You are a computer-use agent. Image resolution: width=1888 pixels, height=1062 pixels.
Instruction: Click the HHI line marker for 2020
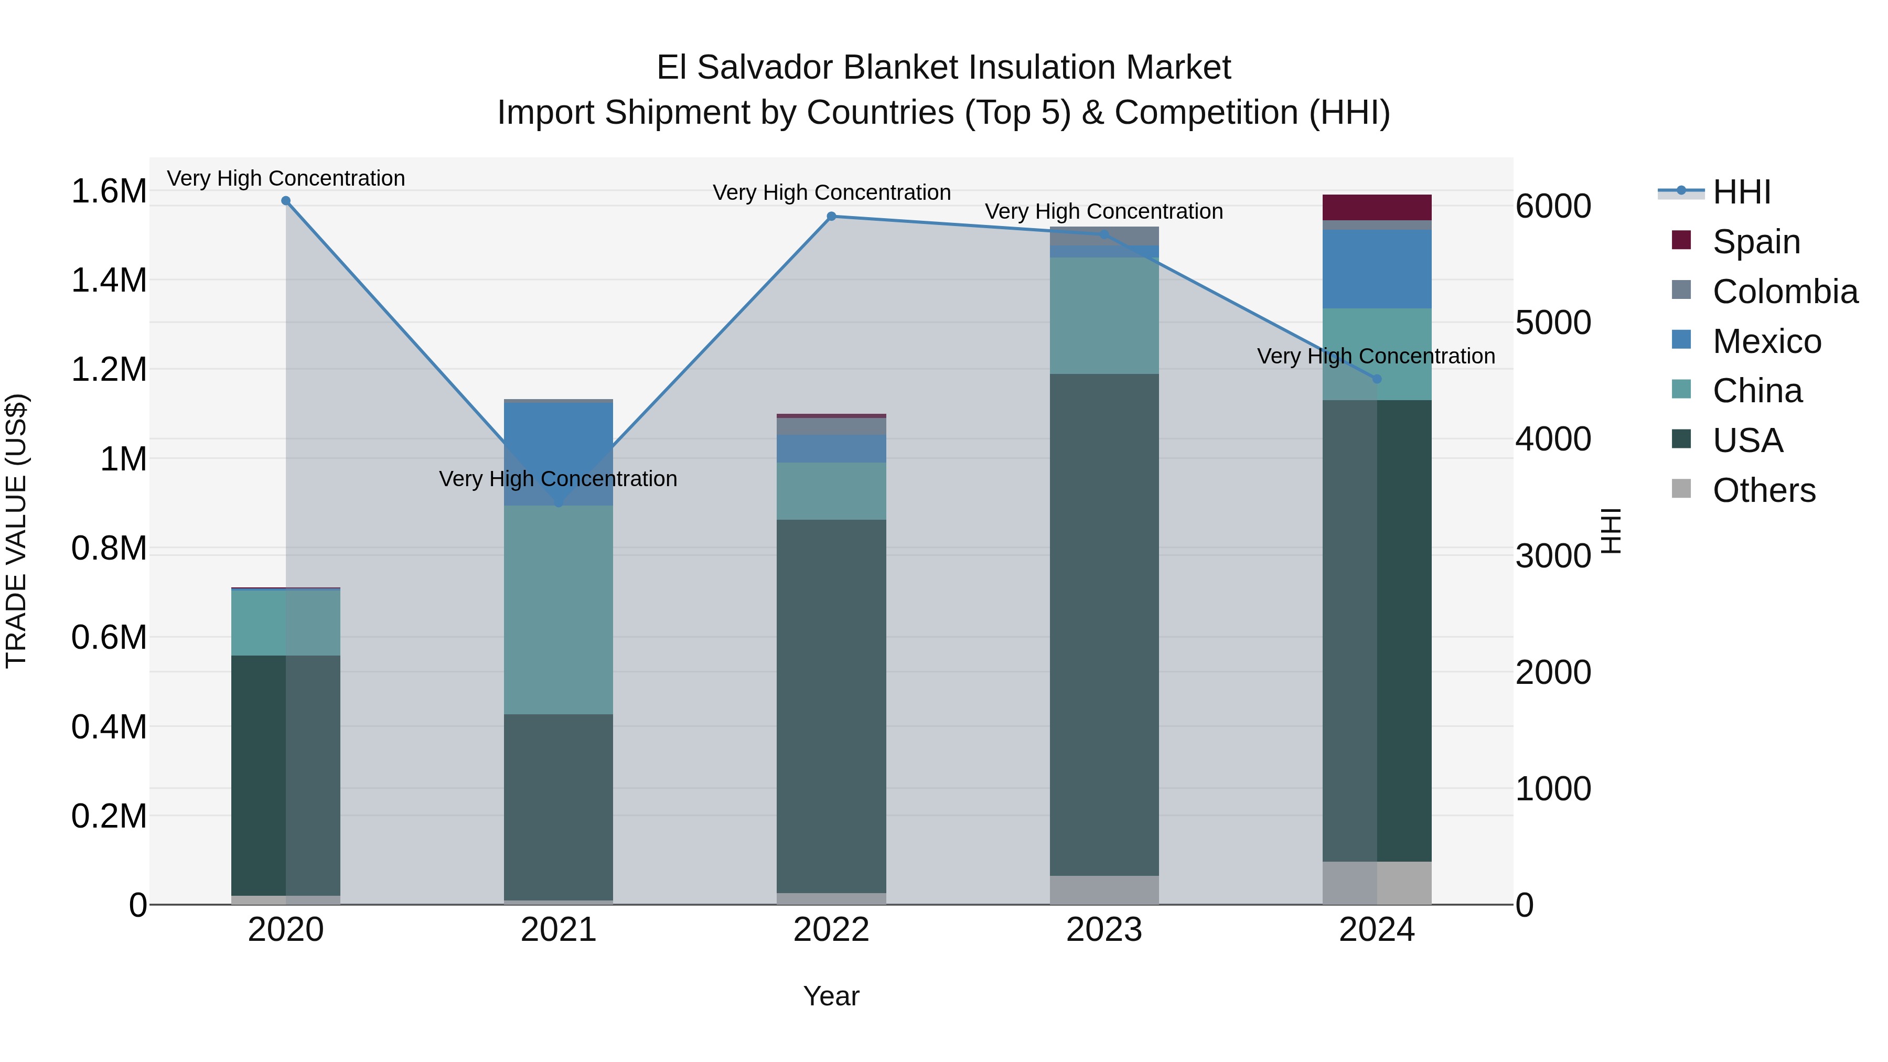point(286,201)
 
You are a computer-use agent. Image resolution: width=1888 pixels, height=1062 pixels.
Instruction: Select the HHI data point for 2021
point(559,503)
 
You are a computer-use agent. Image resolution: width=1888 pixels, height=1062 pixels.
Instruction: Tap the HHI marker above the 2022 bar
point(831,216)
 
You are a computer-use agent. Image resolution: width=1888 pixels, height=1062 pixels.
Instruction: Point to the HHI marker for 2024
point(1377,379)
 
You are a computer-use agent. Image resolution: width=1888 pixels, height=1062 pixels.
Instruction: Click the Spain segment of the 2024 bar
point(1377,207)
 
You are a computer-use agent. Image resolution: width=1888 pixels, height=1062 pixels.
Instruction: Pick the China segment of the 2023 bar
point(1104,315)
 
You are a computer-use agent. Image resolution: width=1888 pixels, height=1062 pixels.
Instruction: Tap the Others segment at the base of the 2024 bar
point(1377,883)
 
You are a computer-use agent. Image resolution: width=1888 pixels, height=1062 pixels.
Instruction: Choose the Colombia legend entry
point(1784,292)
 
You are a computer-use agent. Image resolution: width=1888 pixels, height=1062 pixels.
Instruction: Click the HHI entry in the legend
point(1741,192)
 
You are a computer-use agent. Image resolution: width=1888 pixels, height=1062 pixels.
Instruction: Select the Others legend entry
point(1763,490)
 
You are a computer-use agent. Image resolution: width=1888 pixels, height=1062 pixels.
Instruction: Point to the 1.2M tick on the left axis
point(109,369)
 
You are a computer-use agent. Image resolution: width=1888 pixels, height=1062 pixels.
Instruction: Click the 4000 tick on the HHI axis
point(1553,439)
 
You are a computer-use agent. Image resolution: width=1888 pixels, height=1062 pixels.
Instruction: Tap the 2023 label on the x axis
point(1104,930)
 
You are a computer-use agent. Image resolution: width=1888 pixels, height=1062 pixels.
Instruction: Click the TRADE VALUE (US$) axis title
point(16,531)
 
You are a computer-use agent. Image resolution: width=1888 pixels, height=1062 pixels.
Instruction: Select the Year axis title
point(831,996)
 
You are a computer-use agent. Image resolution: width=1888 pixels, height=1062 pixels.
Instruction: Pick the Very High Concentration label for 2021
point(559,479)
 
